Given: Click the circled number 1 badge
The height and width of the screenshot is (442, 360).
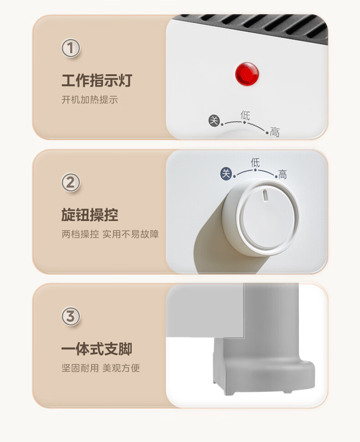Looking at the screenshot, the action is point(71,48).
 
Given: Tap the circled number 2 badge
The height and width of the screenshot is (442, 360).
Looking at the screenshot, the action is point(71,182).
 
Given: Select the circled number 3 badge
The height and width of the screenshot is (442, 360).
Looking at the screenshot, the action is point(71,316).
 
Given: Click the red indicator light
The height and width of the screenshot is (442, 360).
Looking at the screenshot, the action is point(247,74).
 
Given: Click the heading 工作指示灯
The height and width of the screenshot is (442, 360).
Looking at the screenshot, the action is point(97,80).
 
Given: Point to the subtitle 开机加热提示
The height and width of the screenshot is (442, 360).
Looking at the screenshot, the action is point(90,99).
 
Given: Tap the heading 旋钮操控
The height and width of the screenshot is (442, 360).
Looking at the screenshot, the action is point(90,215).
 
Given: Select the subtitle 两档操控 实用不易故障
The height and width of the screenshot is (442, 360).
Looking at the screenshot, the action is point(110,234).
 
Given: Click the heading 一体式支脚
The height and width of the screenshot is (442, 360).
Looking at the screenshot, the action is point(97,349).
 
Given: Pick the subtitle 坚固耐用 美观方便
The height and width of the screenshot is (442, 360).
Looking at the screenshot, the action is point(101,368).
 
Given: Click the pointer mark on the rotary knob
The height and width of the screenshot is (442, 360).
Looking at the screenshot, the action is point(265,195).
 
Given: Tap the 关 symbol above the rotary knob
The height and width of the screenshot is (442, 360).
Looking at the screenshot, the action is point(226,173).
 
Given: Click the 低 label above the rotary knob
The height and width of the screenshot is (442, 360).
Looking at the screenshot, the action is point(255,163).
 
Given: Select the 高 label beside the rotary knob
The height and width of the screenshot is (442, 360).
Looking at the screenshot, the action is point(283,175).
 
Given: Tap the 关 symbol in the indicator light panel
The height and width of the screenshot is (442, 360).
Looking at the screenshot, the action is point(214,121).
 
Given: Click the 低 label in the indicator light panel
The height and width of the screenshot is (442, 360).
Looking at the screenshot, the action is point(245,115).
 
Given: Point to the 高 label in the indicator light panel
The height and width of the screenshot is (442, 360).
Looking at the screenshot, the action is point(275,132).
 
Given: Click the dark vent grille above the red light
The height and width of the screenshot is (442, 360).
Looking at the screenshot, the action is point(254,27).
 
